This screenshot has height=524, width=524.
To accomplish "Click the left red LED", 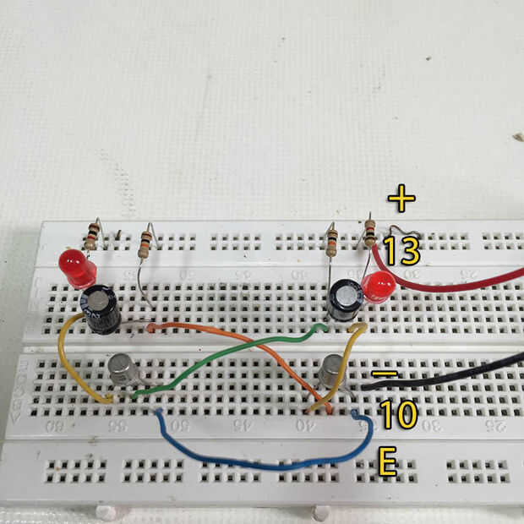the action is pyautogui.click(x=77, y=267).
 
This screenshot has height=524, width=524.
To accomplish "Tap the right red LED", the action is pyautogui.click(x=378, y=287).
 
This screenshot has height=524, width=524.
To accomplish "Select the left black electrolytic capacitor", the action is pyautogui.click(x=100, y=308).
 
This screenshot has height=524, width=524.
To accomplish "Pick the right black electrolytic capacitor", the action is pyautogui.click(x=345, y=299).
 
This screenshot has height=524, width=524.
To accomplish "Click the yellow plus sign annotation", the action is pyautogui.click(x=401, y=199).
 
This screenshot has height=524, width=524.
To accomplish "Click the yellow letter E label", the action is pyautogui.click(x=387, y=461).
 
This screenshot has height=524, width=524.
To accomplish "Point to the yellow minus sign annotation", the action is pyautogui.click(x=385, y=372).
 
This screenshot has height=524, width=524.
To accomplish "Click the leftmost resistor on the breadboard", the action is pyautogui.click(x=91, y=236).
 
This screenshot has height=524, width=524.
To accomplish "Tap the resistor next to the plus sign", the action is pyautogui.click(x=369, y=232).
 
